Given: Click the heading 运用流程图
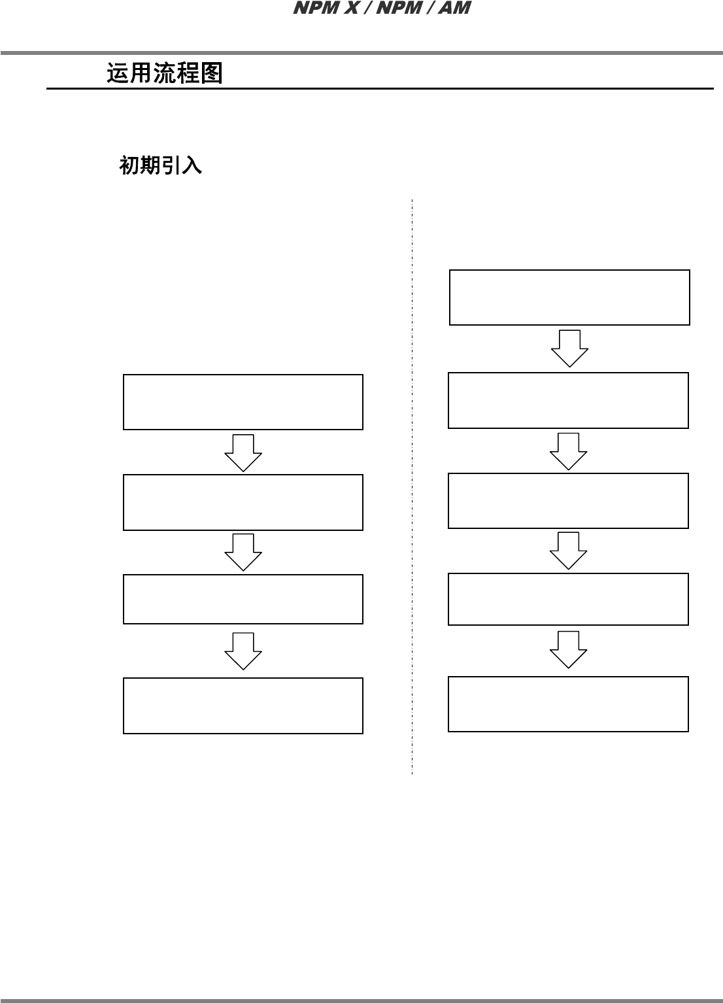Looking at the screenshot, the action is click(165, 73).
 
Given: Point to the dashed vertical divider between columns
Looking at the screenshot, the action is click(412, 487).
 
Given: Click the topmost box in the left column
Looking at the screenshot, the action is click(243, 402).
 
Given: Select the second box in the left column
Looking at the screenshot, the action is click(243, 502).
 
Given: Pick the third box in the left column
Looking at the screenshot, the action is click(243, 599).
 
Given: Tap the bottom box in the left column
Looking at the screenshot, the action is click(243, 705).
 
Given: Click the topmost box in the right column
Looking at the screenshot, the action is click(569, 297).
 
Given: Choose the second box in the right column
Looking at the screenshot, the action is click(568, 400).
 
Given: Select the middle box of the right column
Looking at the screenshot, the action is click(568, 501).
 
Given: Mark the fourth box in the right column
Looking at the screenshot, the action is click(568, 599).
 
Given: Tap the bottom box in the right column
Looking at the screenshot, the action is click(568, 704).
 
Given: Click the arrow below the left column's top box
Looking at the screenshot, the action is click(243, 452).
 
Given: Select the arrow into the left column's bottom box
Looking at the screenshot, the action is click(243, 651).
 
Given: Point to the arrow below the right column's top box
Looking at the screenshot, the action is click(569, 348).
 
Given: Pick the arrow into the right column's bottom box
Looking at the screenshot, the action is click(568, 649).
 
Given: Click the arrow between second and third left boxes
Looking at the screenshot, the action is click(243, 552).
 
